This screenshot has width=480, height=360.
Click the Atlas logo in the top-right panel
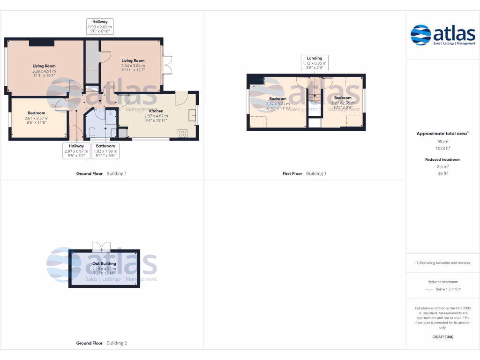[442, 35]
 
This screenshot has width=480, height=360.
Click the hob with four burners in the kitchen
[183, 133]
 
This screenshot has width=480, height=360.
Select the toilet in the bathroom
[92, 131]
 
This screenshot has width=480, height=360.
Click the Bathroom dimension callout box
[105, 151]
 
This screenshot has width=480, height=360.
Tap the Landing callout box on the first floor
[315, 63]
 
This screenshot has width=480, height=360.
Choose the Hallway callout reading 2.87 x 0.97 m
[76, 151]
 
